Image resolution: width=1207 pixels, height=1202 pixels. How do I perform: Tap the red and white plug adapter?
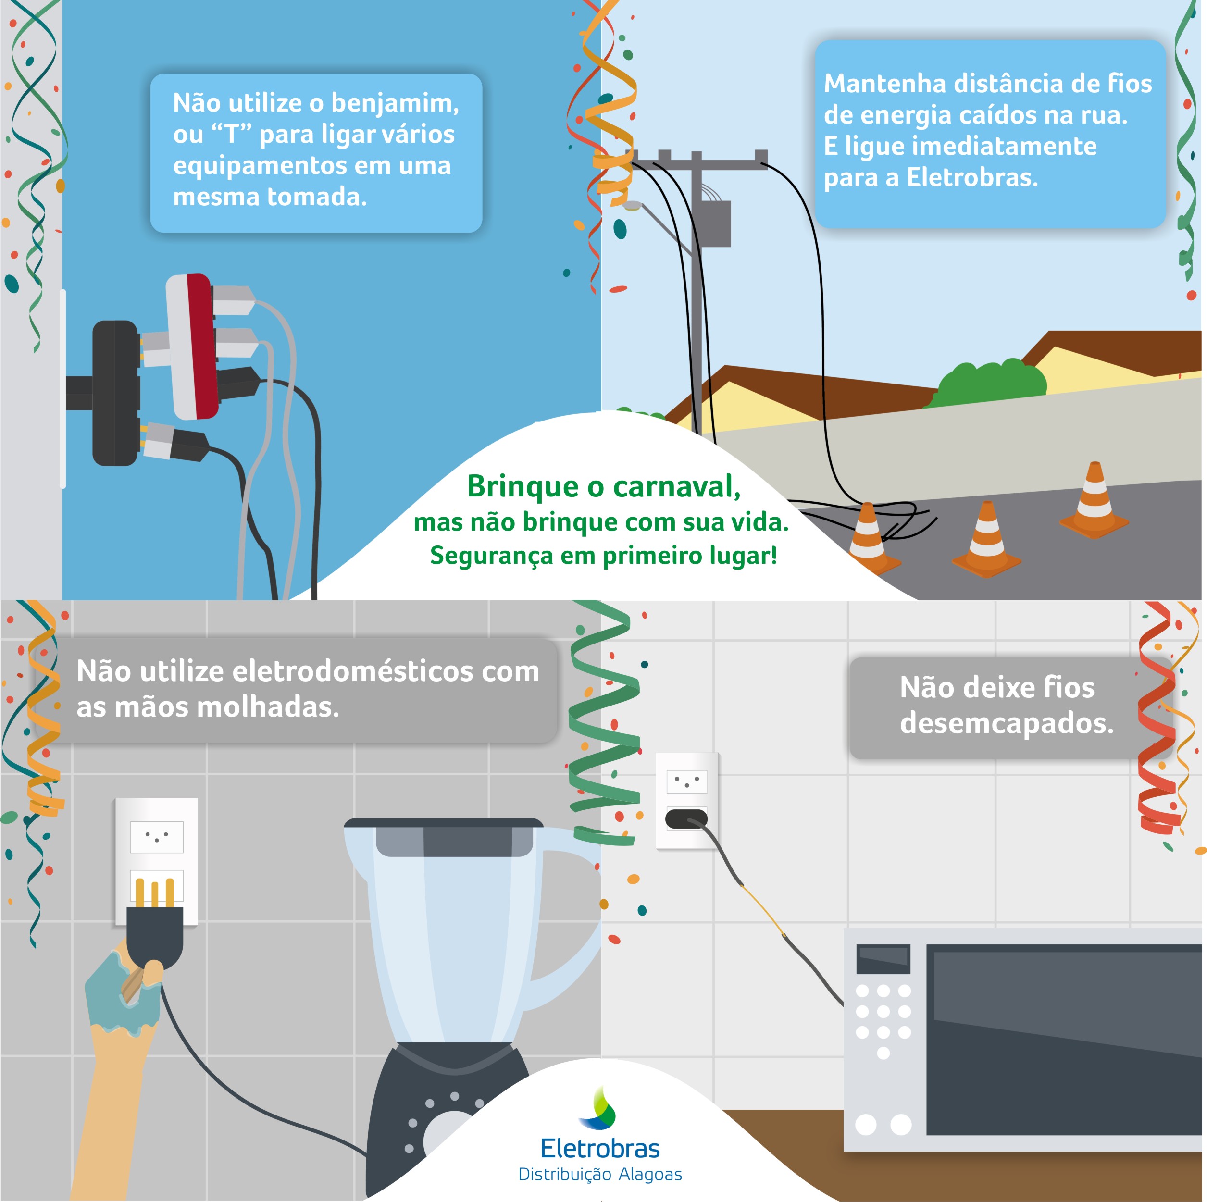coord(192,347)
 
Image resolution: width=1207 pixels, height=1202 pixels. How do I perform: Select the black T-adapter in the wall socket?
coord(115,393)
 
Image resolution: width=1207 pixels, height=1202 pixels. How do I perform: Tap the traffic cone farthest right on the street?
coord(1094,500)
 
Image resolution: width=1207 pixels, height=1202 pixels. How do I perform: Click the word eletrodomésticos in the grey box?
coord(386,671)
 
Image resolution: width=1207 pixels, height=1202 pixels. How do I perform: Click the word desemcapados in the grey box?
coord(1007,723)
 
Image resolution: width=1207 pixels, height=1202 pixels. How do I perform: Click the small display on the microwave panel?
coord(882,958)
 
